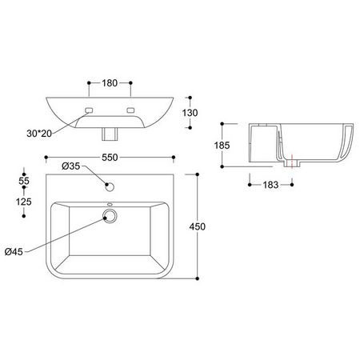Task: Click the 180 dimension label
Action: tap(110, 83)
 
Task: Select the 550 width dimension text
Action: tap(110, 158)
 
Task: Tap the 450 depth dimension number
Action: tap(198, 226)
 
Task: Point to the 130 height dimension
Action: tap(190, 113)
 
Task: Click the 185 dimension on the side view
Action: tap(222, 146)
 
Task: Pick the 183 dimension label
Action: tap(270, 185)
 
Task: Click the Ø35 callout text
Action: tap(71, 166)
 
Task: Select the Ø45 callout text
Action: tap(14, 251)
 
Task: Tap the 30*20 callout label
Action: tap(39, 134)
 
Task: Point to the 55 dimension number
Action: tap(24, 181)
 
